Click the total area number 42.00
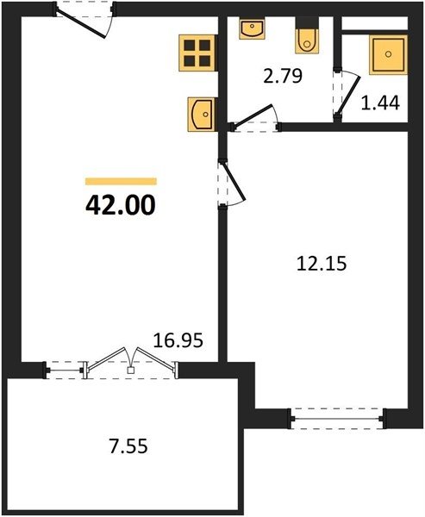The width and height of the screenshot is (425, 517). [x=120, y=205]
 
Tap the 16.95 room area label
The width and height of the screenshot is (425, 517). [x=178, y=340]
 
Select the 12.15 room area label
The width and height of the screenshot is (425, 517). [x=322, y=264]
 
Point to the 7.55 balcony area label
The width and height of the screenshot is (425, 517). [x=128, y=446]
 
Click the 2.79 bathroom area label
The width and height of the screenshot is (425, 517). [x=283, y=76]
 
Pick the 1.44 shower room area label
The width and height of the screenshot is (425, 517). [x=380, y=103]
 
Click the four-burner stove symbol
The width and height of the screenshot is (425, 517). [x=197, y=53]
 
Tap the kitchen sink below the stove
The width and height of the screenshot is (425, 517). [x=202, y=115]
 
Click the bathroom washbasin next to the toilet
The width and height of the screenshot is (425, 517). [x=252, y=28]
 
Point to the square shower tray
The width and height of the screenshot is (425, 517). [x=389, y=54]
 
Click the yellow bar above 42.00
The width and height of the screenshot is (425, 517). [x=121, y=181]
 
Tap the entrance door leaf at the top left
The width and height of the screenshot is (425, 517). [x=81, y=23]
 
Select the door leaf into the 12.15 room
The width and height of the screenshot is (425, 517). [x=234, y=180]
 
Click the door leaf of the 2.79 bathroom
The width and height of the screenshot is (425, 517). [x=253, y=115]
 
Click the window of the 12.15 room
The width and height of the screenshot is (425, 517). [x=337, y=419]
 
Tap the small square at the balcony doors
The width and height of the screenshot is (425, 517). [x=131, y=371]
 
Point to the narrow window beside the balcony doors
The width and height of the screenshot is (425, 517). [x=65, y=371]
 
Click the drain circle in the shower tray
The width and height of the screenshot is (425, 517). [x=389, y=54]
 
